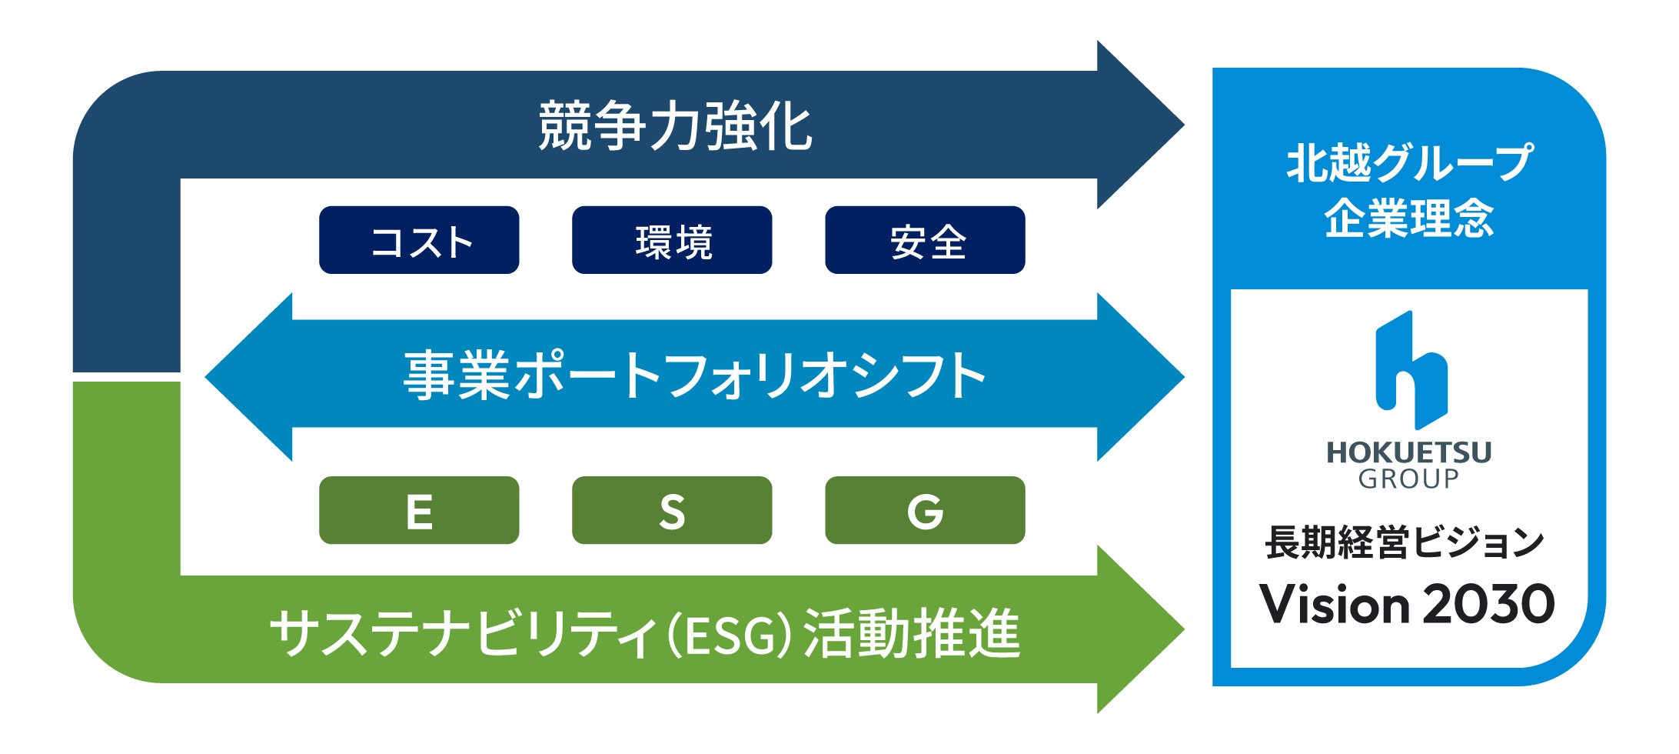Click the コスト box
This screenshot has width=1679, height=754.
[419, 240]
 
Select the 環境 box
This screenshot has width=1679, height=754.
[672, 240]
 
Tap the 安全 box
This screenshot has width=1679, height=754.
[925, 240]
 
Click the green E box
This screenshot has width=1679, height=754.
[419, 511]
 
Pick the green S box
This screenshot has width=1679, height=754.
[672, 511]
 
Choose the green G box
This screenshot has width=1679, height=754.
[925, 511]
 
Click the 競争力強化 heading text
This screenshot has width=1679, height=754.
[675, 126]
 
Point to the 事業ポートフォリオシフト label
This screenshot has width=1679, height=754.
[694, 375]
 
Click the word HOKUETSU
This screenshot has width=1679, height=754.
[1408, 452]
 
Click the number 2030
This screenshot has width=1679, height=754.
[1488, 605]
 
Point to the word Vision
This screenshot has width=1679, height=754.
[1333, 605]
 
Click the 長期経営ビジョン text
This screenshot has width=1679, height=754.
[1404, 542]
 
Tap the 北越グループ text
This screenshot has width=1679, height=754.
[1408, 163]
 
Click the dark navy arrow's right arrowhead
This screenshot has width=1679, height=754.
[1138, 125]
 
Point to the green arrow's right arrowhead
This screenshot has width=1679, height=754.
[1138, 629]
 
